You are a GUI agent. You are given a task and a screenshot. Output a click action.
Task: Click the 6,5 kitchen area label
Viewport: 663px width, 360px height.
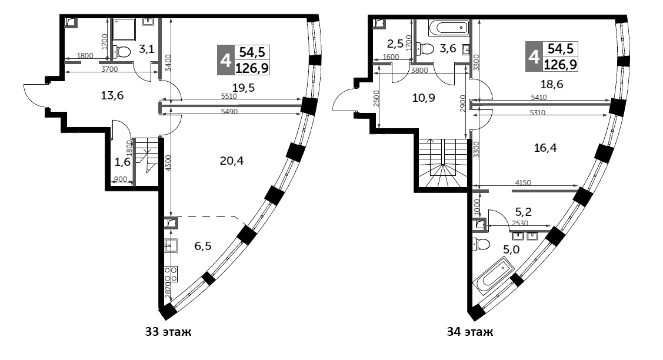coord(204,246)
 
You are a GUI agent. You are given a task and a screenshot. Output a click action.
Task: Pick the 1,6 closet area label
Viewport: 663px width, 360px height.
coord(123,161)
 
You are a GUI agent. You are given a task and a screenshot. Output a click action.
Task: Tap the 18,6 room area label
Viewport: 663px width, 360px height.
coord(552,84)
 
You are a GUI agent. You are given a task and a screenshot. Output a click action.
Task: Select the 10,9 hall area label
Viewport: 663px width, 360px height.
coord(424,98)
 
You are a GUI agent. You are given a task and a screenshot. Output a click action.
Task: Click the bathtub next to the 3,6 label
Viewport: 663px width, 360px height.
coord(448,28)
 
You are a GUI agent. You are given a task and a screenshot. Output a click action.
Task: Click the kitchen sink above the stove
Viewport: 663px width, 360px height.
coord(171,245)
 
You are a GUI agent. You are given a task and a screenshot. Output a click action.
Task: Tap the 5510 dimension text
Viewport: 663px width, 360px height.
coord(229,96)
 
